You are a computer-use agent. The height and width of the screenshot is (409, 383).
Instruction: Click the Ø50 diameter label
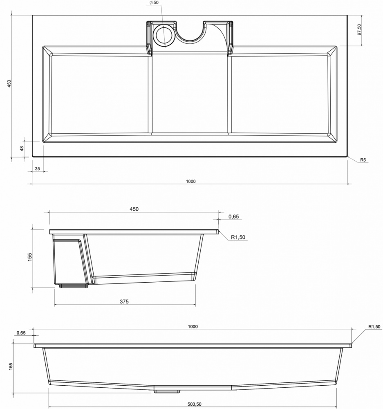pos(154,2)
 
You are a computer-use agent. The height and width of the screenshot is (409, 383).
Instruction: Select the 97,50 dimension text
pos(360,30)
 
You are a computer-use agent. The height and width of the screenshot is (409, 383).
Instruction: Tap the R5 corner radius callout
pos(363,160)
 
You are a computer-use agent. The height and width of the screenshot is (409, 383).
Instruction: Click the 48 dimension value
pos(22,148)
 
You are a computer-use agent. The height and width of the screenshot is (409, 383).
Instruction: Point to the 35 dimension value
pos(38,169)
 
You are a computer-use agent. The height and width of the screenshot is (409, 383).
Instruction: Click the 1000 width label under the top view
pos(191,182)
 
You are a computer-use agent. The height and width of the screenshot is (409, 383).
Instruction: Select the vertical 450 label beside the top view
pos(9,83)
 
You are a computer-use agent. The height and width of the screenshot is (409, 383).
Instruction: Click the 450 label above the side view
pos(134,209)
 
